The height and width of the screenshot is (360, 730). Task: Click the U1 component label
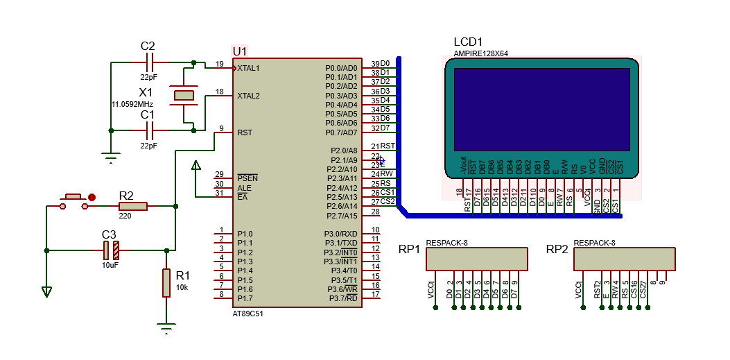click(239, 51)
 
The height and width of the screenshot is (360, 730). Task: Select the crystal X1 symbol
click(184, 95)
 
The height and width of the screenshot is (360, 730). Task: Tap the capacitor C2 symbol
click(148, 62)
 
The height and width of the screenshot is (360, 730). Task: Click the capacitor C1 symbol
click(148, 130)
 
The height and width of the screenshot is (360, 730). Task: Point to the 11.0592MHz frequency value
click(132, 104)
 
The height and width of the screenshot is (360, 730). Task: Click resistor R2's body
click(133, 206)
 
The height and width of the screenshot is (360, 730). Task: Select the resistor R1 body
click(166, 283)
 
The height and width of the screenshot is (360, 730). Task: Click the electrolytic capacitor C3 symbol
click(111, 250)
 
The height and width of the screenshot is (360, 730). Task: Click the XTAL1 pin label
click(248, 68)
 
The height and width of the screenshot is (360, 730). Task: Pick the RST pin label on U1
click(245, 132)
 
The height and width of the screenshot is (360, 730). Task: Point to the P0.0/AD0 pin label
click(341, 68)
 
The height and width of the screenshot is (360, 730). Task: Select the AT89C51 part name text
click(248, 314)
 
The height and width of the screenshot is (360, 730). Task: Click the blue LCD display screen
click(541, 109)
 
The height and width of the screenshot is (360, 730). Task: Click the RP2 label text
click(558, 249)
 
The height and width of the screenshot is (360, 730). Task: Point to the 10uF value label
click(110, 266)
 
